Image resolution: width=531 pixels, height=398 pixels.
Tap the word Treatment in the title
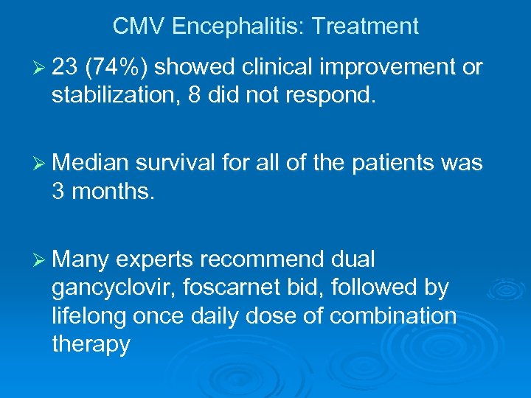point(365,27)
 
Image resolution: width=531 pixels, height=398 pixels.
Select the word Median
point(91,162)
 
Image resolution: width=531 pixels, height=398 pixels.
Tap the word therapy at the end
point(91,343)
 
